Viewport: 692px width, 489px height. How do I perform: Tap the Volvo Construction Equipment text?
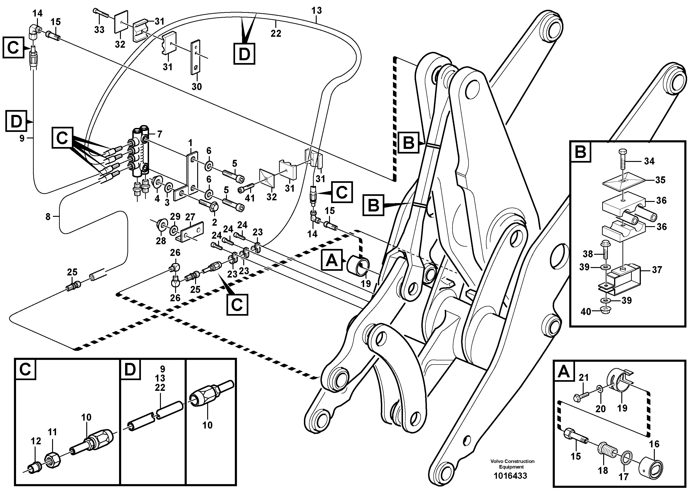(x=512, y=464)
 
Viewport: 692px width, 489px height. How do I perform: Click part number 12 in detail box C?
(x=36, y=441)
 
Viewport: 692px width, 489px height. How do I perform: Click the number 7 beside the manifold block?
(x=160, y=134)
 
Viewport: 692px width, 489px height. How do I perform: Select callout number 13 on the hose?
(x=316, y=11)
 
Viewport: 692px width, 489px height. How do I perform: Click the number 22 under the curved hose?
(x=276, y=33)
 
